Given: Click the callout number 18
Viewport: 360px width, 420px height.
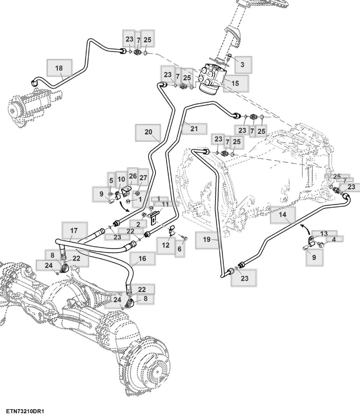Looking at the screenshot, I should [59, 68].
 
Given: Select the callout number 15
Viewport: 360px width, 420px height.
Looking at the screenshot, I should [235, 83].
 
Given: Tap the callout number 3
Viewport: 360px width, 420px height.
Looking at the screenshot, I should [242, 65].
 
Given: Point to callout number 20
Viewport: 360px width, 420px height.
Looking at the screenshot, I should [148, 132].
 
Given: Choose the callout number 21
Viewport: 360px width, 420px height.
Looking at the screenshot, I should [194, 129].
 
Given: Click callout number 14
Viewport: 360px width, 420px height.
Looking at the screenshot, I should [282, 215].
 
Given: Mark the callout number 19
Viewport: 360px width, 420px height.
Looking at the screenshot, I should [206, 239].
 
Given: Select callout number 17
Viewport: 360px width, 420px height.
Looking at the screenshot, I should [74, 231].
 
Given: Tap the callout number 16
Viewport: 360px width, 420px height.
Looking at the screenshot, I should [142, 258].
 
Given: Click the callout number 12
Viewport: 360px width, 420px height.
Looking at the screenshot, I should [166, 245].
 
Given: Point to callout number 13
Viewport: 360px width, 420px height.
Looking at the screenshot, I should [324, 234].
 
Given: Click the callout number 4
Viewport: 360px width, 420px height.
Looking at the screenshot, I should [334, 239].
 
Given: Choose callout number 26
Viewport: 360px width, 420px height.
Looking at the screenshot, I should [133, 176].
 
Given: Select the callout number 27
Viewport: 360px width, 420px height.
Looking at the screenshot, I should [143, 178].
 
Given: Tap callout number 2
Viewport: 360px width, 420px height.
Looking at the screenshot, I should [138, 224].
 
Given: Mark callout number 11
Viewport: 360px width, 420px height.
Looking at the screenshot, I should [165, 204].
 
